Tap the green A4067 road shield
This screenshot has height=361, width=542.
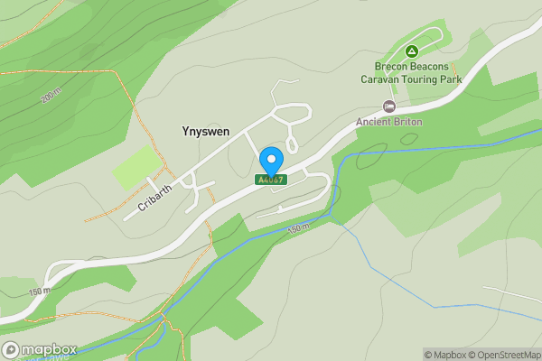coord(271,180)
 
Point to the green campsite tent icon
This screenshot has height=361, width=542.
coord(412,51)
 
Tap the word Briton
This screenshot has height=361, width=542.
coord(407,122)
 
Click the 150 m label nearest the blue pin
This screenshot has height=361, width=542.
coord(297,229)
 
